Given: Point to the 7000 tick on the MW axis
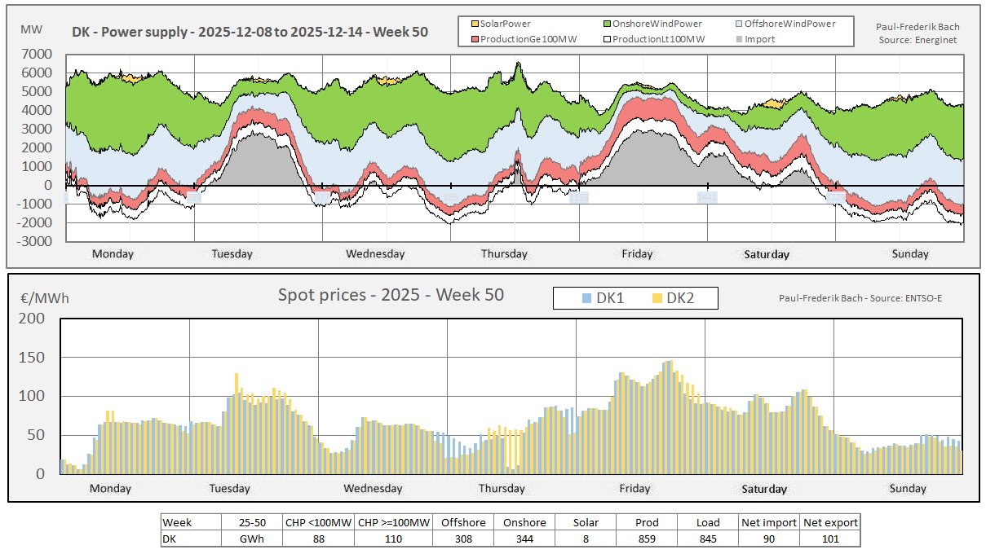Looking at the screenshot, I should pyautogui.click(x=38, y=54).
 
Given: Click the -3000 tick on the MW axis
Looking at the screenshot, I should pyautogui.click(x=36, y=242).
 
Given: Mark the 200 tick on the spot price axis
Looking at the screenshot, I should pyautogui.click(x=38, y=319).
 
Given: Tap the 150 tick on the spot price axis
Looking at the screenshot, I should pyautogui.click(x=38, y=358).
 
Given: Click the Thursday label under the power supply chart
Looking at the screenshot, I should pyautogui.click(x=504, y=254).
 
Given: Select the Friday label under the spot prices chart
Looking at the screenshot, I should pyautogui.click(x=634, y=489).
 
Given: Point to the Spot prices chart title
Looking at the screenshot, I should pyautogui.click(x=391, y=295).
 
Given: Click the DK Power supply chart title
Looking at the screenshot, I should pyautogui.click(x=250, y=32).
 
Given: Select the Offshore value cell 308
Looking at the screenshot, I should pyautogui.click(x=462, y=539).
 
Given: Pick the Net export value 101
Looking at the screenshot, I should pyautogui.click(x=829, y=539).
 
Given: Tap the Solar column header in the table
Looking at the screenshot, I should pyautogui.click(x=586, y=522).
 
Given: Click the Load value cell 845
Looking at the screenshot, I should pyautogui.click(x=708, y=539).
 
